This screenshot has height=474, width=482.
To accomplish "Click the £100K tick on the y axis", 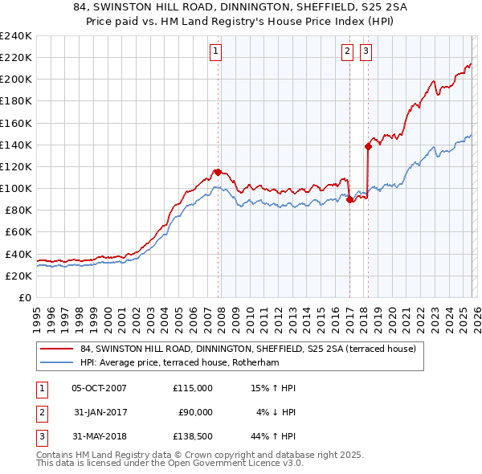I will pos(16,188).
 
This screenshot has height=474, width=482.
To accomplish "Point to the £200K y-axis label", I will pos(16,80).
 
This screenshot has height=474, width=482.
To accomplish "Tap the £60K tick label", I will pos(18,231).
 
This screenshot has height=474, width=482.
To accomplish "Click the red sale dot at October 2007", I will pos(218,172).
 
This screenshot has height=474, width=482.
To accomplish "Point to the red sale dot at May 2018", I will pos(368,146).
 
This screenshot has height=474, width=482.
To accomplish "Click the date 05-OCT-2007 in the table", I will pos(99,388).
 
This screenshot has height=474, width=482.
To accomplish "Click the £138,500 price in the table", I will pos(190,436).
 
